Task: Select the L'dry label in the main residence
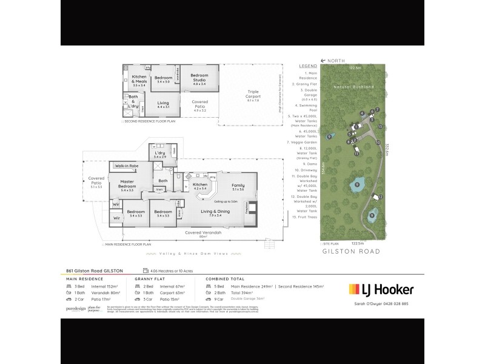coord(159,155)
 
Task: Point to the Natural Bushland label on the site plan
coord(351,87)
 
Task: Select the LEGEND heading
coord(308,66)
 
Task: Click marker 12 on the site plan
coord(381,196)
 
